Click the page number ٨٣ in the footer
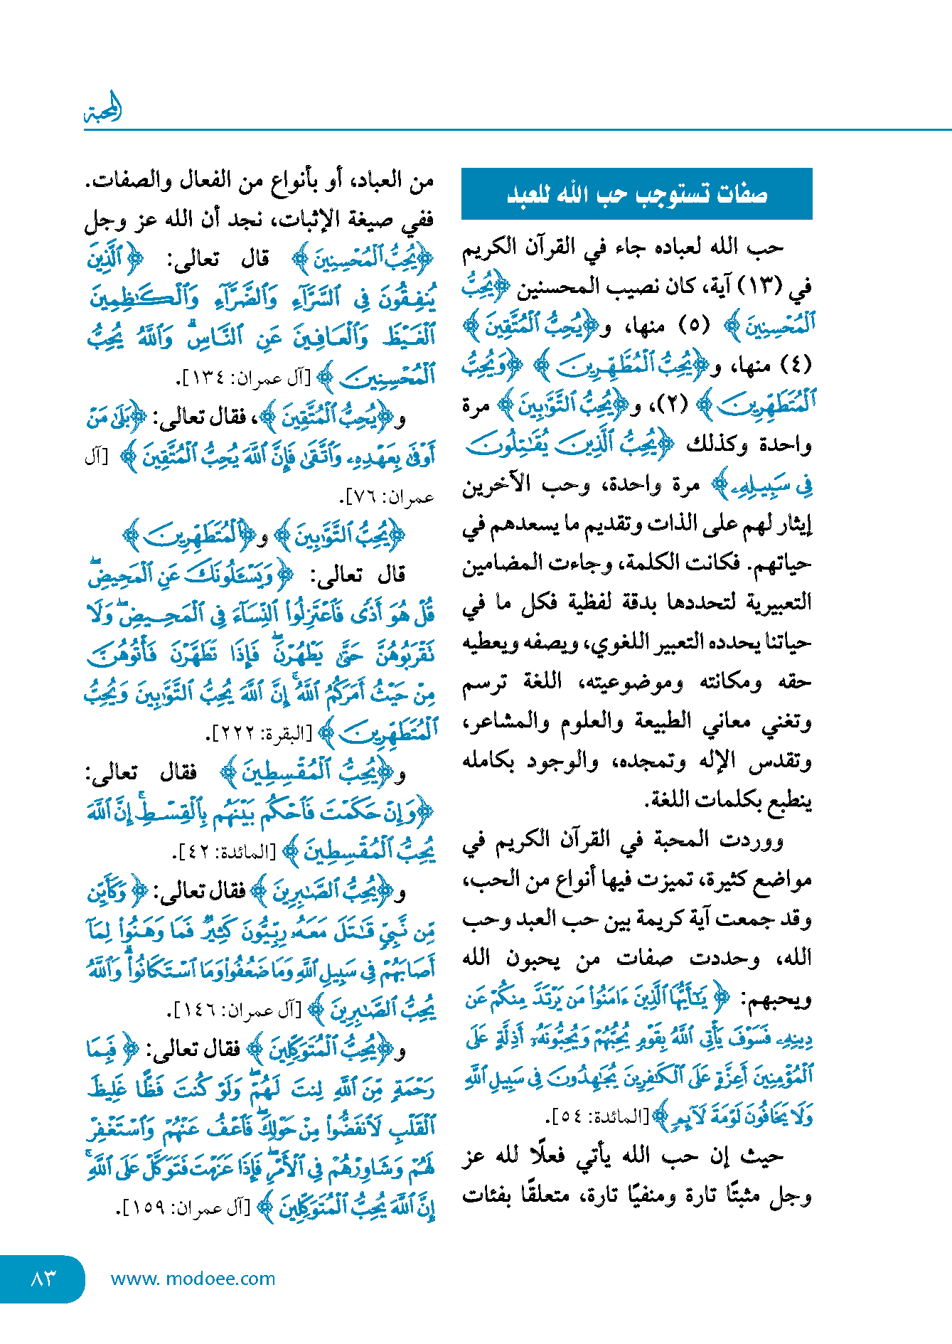43,1279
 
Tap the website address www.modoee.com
193,1279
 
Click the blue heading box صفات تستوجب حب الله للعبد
636,194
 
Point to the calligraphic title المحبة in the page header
104,110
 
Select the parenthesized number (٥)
694,326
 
